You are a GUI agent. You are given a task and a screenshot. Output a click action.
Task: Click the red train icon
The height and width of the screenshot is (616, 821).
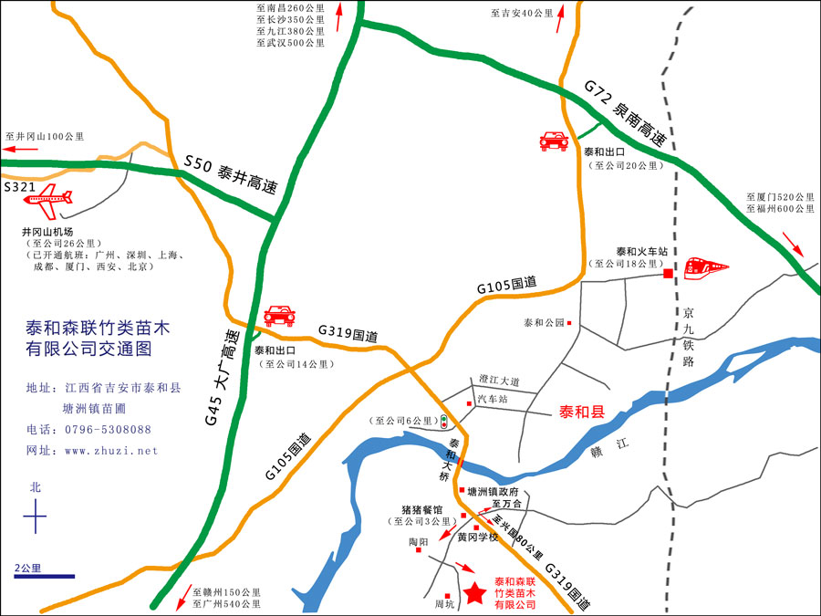707,266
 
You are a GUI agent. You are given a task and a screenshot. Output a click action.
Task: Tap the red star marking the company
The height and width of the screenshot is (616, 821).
474,593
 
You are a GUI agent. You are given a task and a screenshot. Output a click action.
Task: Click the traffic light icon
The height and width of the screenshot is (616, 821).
443,422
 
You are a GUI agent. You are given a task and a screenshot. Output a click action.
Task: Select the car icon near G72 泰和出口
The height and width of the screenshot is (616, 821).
554,141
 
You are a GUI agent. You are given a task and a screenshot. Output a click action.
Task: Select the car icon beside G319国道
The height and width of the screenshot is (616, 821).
279,316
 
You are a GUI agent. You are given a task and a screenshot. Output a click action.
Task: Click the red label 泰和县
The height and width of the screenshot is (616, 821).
582,412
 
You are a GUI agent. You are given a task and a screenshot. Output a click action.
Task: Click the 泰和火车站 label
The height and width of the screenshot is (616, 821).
642,251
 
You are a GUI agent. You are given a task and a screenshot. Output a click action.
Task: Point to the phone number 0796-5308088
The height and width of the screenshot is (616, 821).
108,429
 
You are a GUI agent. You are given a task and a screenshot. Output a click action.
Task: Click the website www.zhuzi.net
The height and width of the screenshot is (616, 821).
111,451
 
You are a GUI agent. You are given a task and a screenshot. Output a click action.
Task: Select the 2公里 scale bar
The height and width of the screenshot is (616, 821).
43,576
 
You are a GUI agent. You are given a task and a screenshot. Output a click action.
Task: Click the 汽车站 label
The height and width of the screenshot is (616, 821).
494,400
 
